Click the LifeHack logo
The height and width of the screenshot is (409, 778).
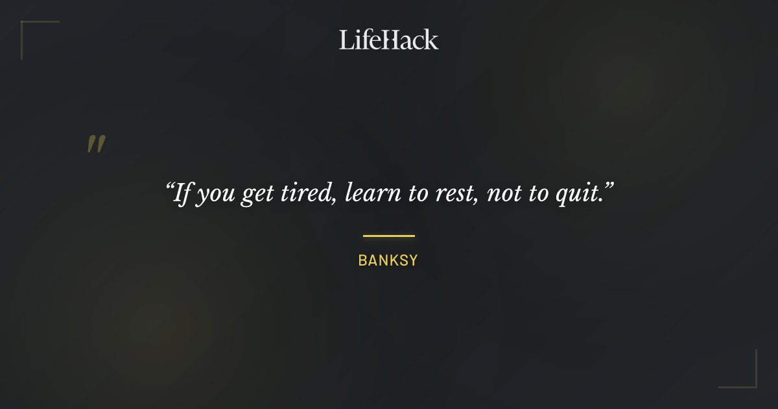[389, 40]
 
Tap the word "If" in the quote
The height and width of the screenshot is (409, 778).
[183, 193]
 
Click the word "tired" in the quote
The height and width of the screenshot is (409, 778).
[306, 193]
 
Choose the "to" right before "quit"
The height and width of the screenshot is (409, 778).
[538, 194]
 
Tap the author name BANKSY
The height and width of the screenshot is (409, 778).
[388, 261]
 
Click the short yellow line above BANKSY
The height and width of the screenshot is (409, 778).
[388, 236]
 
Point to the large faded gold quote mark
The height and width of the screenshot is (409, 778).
[96, 144]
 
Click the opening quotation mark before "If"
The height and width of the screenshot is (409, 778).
[170, 186]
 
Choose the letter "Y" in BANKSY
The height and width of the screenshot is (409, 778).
[412, 261]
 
